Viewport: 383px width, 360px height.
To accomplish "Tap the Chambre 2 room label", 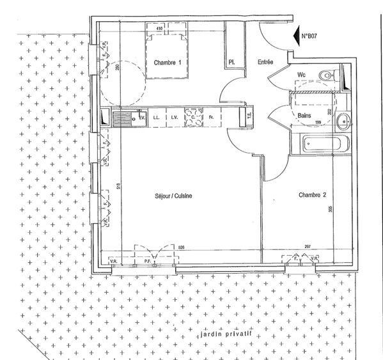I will [313, 194].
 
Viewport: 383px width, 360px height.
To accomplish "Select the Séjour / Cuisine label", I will [173, 196].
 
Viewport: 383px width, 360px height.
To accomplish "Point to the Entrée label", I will [265, 62].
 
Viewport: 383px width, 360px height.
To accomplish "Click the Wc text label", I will [301, 74].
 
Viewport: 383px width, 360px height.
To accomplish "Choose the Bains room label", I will [305, 115].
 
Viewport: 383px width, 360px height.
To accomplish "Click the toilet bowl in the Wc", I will [327, 76].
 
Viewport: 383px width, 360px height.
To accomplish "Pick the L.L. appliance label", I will [157, 118].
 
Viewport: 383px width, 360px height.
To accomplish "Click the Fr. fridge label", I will [211, 118].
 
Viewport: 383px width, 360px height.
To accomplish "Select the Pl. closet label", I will [231, 62].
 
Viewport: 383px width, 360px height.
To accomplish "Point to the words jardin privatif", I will [223, 334].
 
